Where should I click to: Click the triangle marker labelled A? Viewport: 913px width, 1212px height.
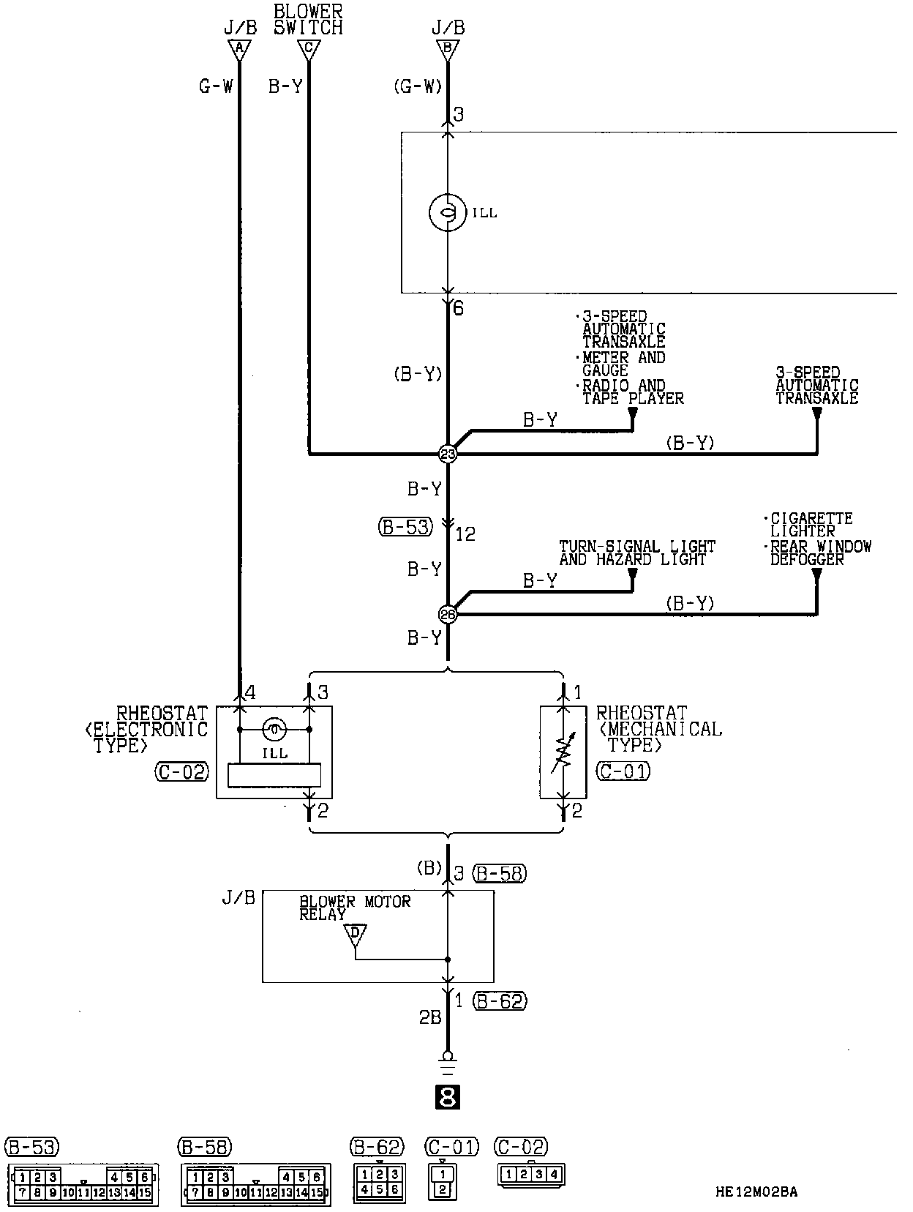click(238, 50)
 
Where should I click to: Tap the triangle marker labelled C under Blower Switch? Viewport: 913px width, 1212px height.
click(309, 50)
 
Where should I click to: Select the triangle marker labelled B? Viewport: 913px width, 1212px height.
click(448, 50)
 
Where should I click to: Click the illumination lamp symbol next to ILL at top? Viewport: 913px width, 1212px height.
click(447, 212)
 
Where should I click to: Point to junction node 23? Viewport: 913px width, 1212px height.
click(447, 454)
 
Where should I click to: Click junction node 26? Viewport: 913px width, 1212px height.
click(447, 614)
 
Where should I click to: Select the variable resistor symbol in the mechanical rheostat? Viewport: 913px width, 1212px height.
click(563, 752)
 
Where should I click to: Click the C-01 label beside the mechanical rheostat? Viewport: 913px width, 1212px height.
click(623, 771)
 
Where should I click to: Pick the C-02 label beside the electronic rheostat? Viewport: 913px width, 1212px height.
click(181, 771)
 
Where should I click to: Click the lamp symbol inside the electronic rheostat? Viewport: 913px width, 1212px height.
click(274, 729)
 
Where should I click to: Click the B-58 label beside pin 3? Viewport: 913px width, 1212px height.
click(500, 872)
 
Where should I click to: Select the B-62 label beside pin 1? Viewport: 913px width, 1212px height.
click(500, 1000)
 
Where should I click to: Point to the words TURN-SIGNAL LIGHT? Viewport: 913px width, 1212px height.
click(636, 546)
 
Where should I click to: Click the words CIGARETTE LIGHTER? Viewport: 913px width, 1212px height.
click(811, 525)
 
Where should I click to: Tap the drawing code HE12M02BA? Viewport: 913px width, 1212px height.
click(756, 1192)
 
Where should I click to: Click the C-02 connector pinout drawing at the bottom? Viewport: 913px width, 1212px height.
click(531, 1175)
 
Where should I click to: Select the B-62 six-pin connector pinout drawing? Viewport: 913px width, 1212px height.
click(378, 1181)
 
